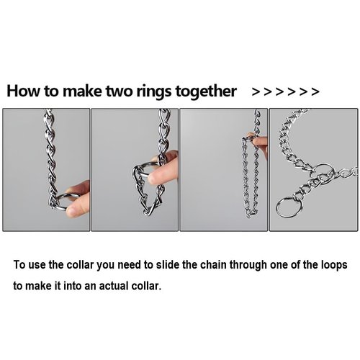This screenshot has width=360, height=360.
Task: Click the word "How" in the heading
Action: coord(23,91)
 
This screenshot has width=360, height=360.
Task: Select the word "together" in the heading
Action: coord(206,91)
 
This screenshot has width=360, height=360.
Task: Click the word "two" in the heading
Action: coord(120,91)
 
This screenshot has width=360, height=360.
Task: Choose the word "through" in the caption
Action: coord(248,266)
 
